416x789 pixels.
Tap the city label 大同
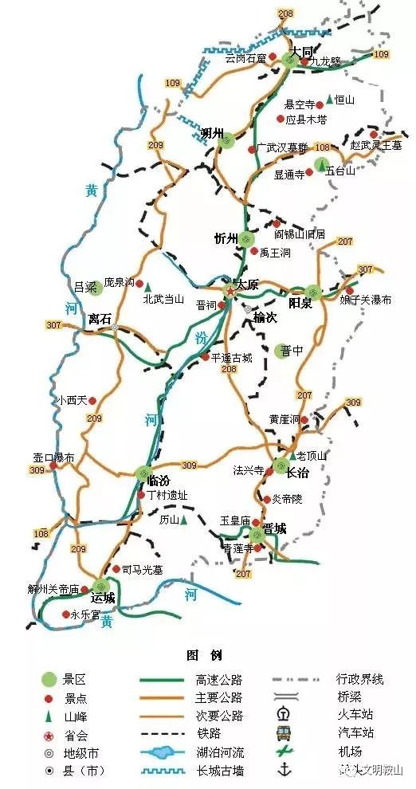click(301, 51)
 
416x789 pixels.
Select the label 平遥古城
click(231, 358)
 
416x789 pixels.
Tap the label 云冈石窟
click(245, 58)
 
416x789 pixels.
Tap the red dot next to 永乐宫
click(65, 614)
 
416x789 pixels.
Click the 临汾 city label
click(160, 481)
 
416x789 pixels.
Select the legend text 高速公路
click(218, 680)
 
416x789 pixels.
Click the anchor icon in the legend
click(282, 770)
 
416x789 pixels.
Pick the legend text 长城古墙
click(218, 771)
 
